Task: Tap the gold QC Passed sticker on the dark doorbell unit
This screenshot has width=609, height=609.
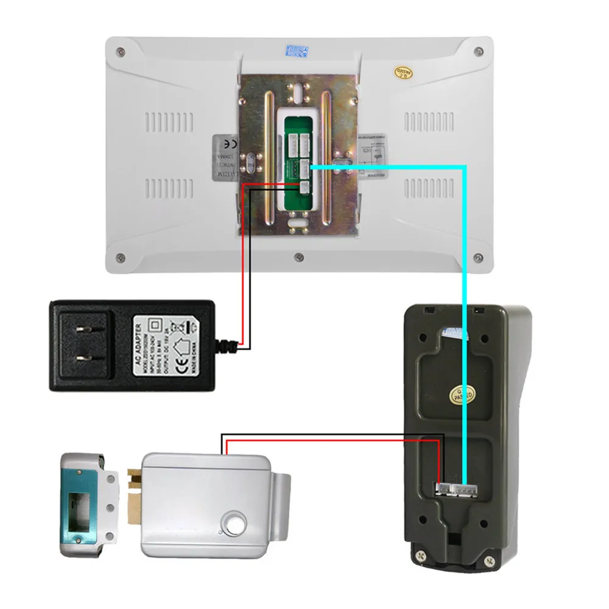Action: [459, 395]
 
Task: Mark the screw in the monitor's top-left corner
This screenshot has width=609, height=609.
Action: [121, 51]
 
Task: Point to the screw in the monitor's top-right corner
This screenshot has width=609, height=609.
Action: [479, 51]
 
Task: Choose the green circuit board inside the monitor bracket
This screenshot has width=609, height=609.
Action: [297, 161]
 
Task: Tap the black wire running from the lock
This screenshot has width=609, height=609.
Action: [329, 435]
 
